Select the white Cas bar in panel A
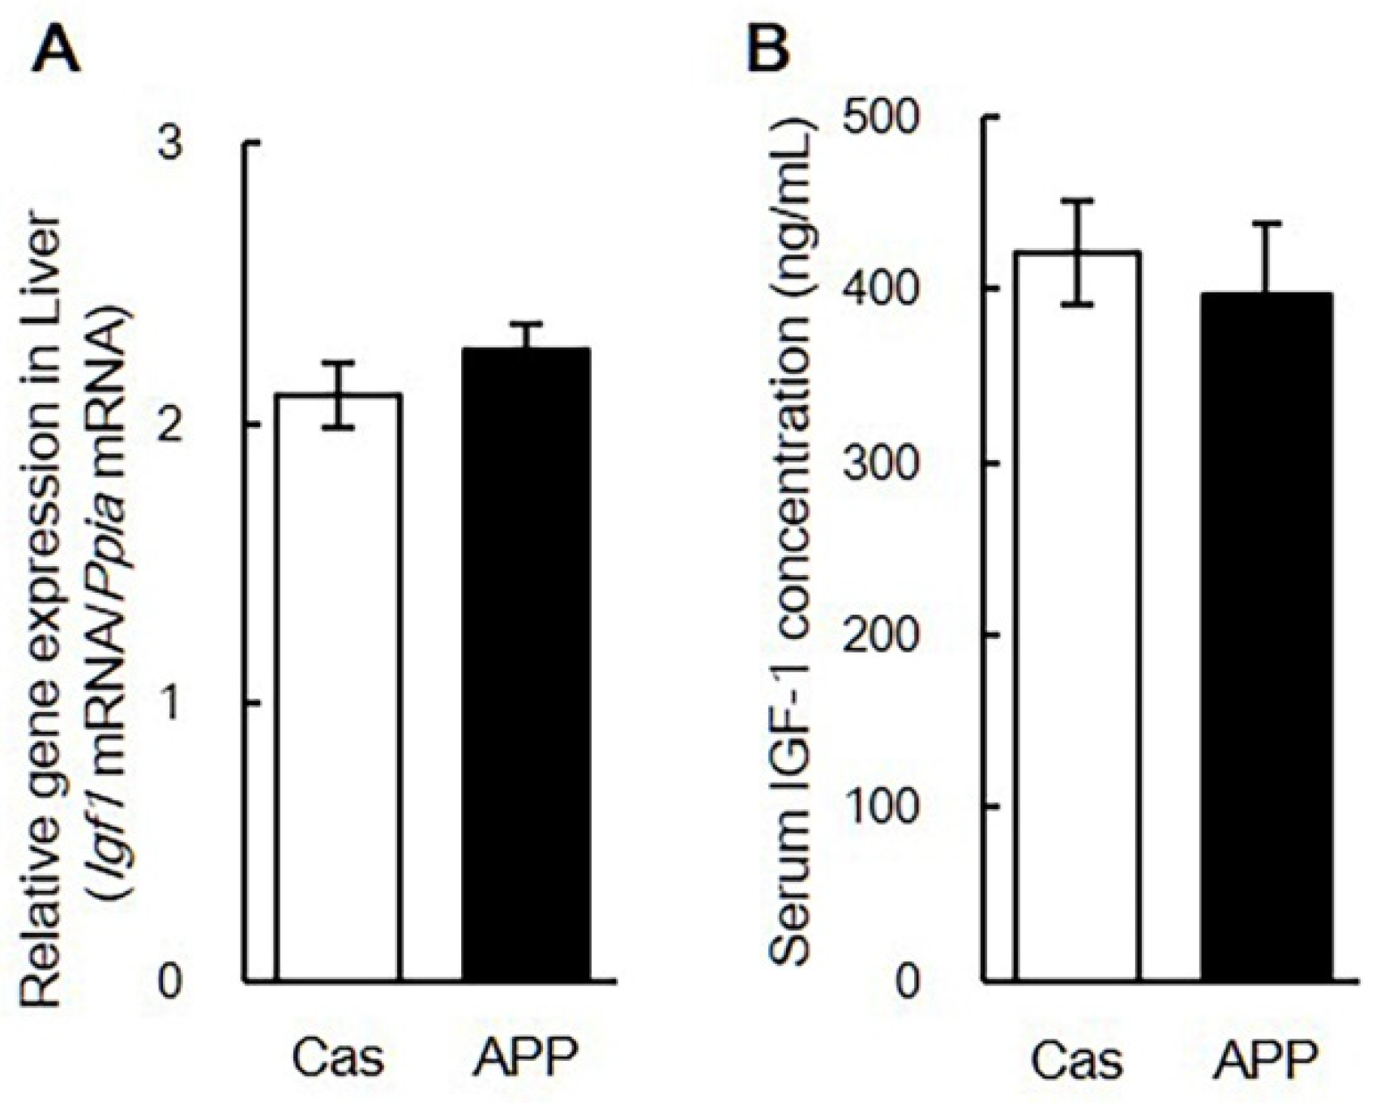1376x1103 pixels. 338,688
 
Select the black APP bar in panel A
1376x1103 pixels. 525,664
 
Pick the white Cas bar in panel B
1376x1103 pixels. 1078,615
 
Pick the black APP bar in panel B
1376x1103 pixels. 1266,640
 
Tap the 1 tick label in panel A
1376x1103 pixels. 169,704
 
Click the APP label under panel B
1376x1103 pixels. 1266,1060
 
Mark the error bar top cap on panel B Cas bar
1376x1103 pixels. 1078,201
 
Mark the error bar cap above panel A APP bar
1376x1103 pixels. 525,324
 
